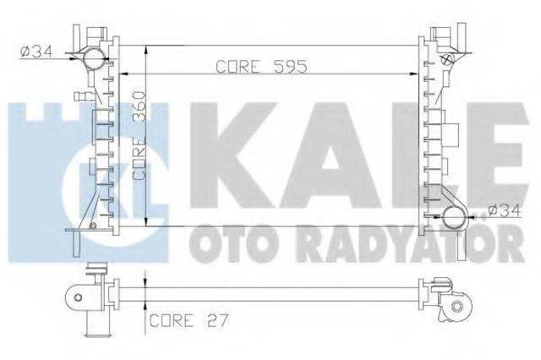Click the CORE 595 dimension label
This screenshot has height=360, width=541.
coord(261,67)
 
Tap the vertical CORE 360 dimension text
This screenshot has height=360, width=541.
coord(139,135)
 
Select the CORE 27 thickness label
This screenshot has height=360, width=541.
coord(189,320)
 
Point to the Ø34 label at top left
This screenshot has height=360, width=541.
coord(36,52)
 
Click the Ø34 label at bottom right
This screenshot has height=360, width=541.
coord(504,210)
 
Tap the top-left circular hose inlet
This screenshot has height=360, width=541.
coord(94,58)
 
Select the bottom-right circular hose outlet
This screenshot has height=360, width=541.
coord(454,217)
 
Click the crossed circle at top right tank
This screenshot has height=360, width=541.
coord(446,58)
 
